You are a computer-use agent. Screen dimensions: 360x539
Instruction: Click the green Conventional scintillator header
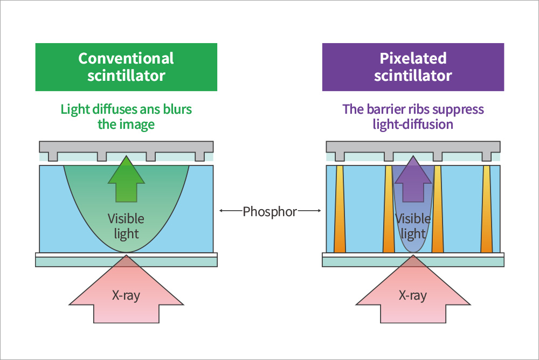126,67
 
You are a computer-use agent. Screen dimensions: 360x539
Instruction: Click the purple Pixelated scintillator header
413,67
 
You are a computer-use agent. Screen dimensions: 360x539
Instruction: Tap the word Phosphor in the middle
269,212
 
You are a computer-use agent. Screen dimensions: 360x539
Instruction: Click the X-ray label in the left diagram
126,295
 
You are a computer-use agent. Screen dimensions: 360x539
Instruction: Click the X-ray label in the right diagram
413,295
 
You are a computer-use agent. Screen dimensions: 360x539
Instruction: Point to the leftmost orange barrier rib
340,210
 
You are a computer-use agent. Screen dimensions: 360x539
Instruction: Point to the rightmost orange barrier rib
487,210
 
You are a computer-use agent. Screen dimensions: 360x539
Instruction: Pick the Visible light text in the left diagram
126,226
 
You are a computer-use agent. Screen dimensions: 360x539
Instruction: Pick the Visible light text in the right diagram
413,226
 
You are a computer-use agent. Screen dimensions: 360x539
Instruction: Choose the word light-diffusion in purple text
413,124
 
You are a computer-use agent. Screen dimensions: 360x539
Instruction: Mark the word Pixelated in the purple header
413,58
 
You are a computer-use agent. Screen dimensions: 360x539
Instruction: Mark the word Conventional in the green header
126,58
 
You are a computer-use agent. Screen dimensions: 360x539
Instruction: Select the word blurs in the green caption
177,109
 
